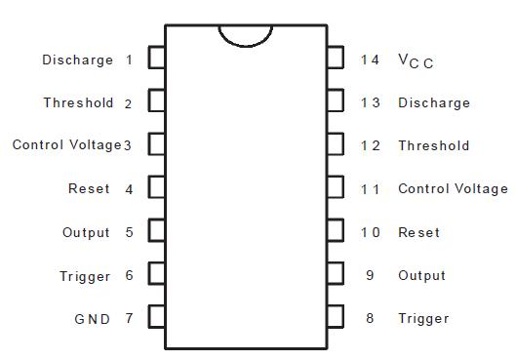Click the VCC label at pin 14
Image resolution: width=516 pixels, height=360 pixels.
(416, 60)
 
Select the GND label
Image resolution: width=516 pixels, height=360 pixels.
(92, 319)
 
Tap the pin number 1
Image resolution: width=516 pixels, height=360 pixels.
(129, 60)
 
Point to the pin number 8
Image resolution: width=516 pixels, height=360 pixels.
(370, 318)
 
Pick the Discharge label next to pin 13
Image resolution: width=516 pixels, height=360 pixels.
(433, 102)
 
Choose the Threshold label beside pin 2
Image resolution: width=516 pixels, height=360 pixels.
(78, 102)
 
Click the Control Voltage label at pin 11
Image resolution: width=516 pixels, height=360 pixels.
(453, 188)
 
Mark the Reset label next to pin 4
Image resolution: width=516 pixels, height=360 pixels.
(89, 188)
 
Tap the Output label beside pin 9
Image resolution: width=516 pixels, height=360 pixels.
(421, 275)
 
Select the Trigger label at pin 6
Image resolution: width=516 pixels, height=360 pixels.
(85, 276)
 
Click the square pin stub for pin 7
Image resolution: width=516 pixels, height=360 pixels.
(156, 318)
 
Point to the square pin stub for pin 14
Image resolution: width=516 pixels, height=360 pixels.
(335, 59)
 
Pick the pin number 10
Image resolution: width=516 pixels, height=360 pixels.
(370, 232)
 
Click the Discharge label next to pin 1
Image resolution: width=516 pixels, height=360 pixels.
(78, 60)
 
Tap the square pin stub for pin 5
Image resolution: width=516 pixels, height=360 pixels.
(156, 231)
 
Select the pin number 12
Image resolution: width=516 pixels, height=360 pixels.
(370, 145)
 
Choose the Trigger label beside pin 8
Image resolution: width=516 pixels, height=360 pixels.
(423, 318)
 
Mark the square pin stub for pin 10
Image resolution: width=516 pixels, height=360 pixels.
(335, 231)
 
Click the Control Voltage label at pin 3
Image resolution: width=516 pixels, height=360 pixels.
(66, 145)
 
